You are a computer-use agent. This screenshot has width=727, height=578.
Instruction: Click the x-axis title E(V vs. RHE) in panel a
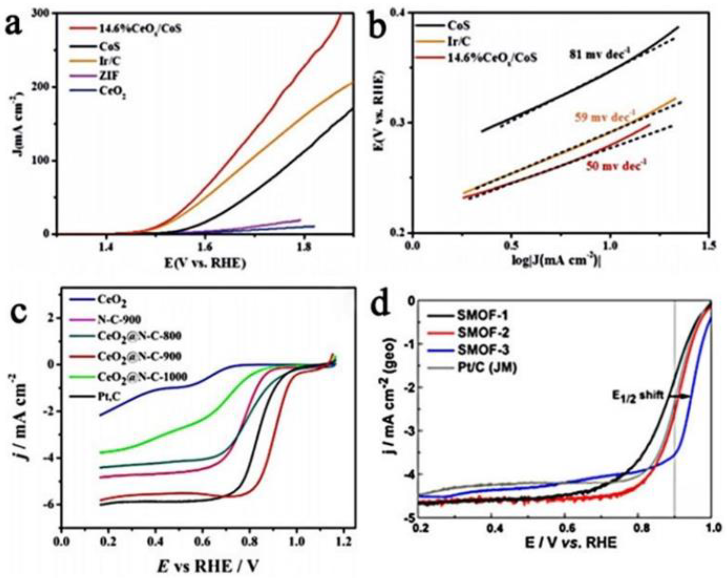click(x=205, y=263)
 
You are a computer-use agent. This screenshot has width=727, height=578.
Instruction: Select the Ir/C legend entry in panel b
click(x=459, y=41)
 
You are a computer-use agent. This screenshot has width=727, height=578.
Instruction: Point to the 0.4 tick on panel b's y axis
click(x=397, y=13)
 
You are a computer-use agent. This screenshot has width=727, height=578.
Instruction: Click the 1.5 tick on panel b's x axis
click(x=708, y=246)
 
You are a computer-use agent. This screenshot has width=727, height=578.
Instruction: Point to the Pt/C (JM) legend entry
click(x=486, y=368)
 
